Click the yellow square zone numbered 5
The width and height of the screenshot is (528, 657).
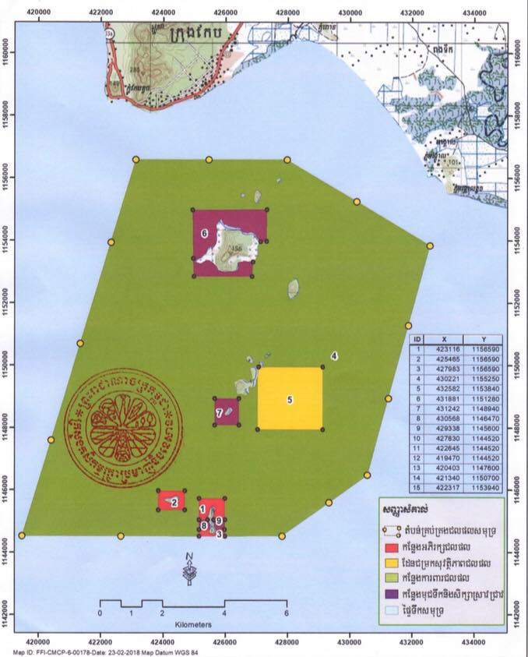[290, 398]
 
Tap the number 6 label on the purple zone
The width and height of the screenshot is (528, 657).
[203, 232]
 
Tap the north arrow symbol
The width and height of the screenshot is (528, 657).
[189, 570]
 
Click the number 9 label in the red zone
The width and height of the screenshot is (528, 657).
[220, 520]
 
